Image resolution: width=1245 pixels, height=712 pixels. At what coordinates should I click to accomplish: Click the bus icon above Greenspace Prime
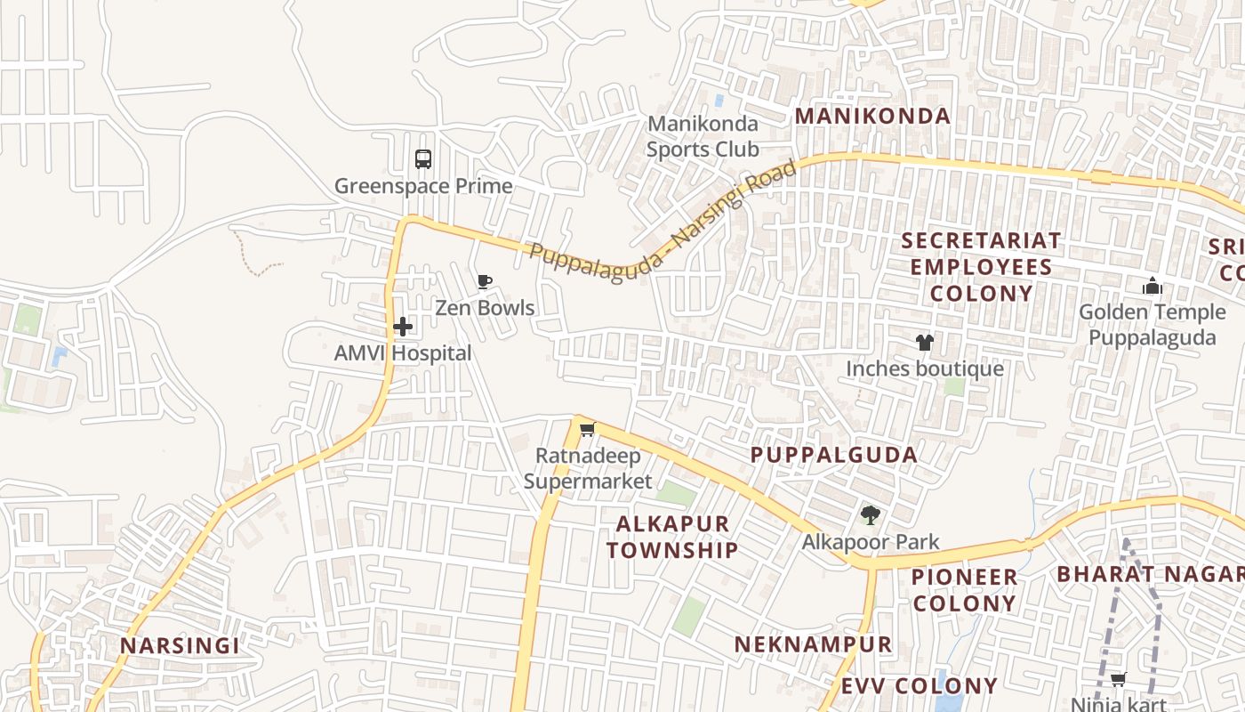[x=423, y=159]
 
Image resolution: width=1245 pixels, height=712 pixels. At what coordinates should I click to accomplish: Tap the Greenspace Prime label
[x=423, y=186]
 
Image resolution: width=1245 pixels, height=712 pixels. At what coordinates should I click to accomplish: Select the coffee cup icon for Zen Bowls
[x=484, y=282]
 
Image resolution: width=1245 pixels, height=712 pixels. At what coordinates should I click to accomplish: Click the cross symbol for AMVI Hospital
[x=403, y=327]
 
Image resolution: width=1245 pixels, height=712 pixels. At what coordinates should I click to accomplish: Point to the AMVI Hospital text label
[x=403, y=353]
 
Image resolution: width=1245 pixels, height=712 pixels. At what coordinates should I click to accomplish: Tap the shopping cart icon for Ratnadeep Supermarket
[x=587, y=431]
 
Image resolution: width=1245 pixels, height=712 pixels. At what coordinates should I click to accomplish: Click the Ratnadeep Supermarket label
[x=587, y=469]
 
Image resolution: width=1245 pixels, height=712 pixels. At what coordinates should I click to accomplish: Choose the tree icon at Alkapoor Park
[x=871, y=515]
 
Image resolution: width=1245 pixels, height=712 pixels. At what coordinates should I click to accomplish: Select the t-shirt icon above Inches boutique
[x=925, y=343]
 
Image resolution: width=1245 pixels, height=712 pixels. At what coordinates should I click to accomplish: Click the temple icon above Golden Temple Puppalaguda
[x=1153, y=287]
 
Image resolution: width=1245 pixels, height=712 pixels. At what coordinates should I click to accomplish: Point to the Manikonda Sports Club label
[x=703, y=136]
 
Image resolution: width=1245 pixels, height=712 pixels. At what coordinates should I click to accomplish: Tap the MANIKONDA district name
[x=872, y=116]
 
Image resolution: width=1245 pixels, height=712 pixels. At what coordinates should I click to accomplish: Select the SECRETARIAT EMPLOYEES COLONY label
[x=981, y=267]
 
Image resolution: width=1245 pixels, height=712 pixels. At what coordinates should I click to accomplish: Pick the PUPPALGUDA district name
[x=833, y=455]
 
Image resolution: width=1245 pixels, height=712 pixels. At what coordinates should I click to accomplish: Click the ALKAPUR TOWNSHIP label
[x=672, y=537]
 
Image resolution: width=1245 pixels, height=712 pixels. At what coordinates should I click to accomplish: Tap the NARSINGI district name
[x=180, y=646]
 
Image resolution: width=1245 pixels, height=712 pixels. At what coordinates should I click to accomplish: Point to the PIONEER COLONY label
[x=965, y=590]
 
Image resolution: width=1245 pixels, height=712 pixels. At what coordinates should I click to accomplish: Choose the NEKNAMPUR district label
[x=813, y=644]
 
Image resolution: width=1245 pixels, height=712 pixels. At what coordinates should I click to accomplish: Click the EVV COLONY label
[x=920, y=686]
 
